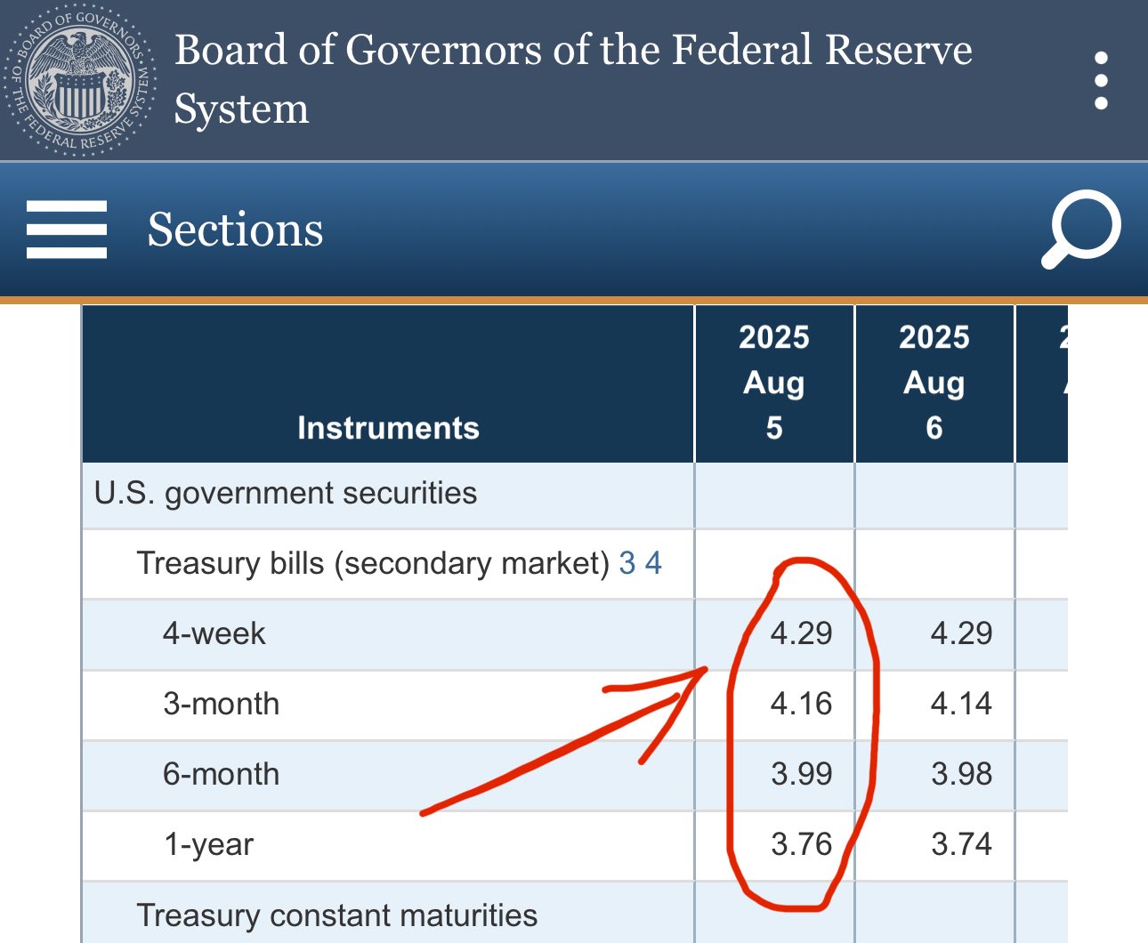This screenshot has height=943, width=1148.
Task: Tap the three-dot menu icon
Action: [x=1101, y=80]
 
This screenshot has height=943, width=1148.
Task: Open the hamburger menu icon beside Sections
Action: [x=67, y=230]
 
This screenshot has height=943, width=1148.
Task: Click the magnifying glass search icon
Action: [x=1081, y=229]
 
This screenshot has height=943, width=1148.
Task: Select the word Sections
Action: [x=235, y=230]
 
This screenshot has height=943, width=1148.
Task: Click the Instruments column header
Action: [x=388, y=428]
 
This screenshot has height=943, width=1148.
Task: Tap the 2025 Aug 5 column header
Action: [x=774, y=383]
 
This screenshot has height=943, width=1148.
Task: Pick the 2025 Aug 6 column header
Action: [x=934, y=383]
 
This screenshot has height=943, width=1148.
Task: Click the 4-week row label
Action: [x=214, y=633]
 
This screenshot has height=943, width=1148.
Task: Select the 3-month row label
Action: [x=221, y=704]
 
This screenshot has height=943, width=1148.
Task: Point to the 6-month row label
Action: [x=221, y=774]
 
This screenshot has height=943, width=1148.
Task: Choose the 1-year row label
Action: [x=208, y=844]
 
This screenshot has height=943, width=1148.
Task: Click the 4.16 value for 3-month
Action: [x=801, y=704]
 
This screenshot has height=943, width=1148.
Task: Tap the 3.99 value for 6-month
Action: [x=801, y=774]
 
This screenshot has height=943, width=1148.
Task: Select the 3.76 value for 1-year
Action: [x=801, y=844]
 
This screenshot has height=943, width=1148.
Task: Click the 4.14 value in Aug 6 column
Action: [x=961, y=704]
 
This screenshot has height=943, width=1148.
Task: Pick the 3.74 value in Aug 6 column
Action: [x=961, y=844]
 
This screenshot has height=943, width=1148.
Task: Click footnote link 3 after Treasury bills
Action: [x=627, y=563]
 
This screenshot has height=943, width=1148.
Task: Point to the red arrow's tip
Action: [x=706, y=670]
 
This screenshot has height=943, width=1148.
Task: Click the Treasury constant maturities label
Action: [x=336, y=915]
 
